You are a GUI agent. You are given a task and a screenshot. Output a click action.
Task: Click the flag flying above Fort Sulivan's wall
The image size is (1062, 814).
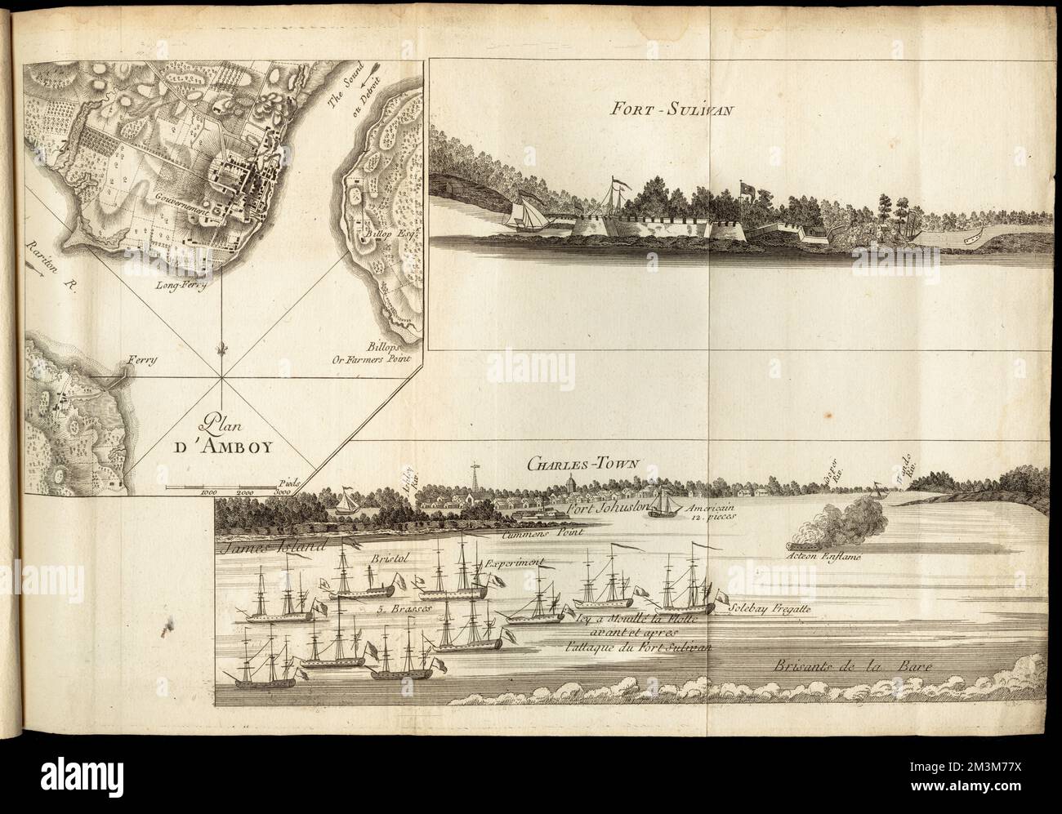pyautogui.click(x=746, y=189)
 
